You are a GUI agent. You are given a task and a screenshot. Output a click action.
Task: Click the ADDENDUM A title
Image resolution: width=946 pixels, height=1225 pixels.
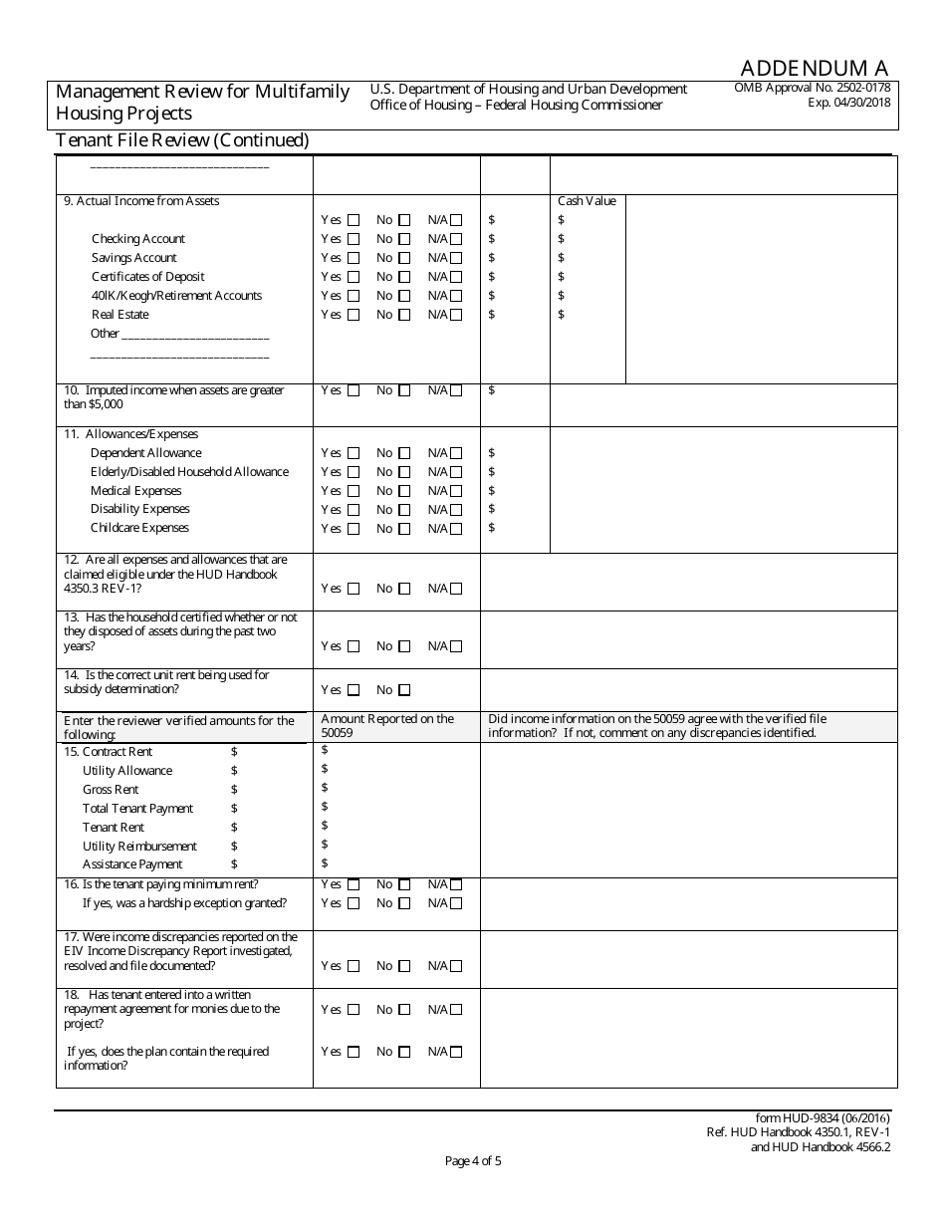click(814, 68)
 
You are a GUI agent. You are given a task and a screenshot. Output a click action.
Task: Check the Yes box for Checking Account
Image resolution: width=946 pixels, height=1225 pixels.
click(354, 239)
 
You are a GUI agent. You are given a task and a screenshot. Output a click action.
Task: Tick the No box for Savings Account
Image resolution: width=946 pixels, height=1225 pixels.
click(404, 258)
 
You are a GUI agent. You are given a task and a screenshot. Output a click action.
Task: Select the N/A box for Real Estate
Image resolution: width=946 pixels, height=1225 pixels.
click(456, 315)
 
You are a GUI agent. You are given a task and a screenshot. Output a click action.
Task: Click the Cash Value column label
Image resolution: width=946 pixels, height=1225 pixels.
click(587, 201)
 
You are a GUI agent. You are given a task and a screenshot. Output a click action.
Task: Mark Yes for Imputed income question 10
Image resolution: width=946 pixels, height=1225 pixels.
click(354, 391)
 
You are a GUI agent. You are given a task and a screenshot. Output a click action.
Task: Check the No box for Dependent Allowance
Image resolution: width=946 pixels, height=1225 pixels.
click(404, 453)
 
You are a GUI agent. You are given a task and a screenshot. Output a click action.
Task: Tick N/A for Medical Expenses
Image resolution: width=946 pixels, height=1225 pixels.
click(456, 491)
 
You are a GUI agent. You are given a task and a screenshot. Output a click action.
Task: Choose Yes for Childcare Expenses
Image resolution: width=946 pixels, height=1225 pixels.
click(354, 529)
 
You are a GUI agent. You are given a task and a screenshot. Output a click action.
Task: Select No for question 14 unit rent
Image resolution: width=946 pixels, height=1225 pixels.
click(404, 690)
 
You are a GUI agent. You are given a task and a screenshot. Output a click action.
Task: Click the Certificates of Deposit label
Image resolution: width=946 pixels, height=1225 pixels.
click(147, 277)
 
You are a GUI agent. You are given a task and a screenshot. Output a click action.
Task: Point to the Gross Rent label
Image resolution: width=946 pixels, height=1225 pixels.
click(111, 790)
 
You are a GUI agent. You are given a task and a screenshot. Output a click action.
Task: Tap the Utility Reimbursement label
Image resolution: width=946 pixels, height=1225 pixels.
click(139, 847)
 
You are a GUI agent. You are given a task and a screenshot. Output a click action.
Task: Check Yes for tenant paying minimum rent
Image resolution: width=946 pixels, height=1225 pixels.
click(354, 884)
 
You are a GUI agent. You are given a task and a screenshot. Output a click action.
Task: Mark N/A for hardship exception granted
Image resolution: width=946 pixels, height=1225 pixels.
click(456, 904)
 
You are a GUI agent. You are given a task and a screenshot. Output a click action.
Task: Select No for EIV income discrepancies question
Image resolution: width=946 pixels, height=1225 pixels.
click(404, 966)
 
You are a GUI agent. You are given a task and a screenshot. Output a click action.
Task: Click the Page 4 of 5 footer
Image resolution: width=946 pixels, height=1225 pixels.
click(473, 1160)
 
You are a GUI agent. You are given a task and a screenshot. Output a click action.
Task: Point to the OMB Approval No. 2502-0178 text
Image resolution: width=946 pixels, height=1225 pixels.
click(812, 88)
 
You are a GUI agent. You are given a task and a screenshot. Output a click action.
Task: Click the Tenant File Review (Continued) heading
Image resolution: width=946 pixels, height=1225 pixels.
click(182, 140)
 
